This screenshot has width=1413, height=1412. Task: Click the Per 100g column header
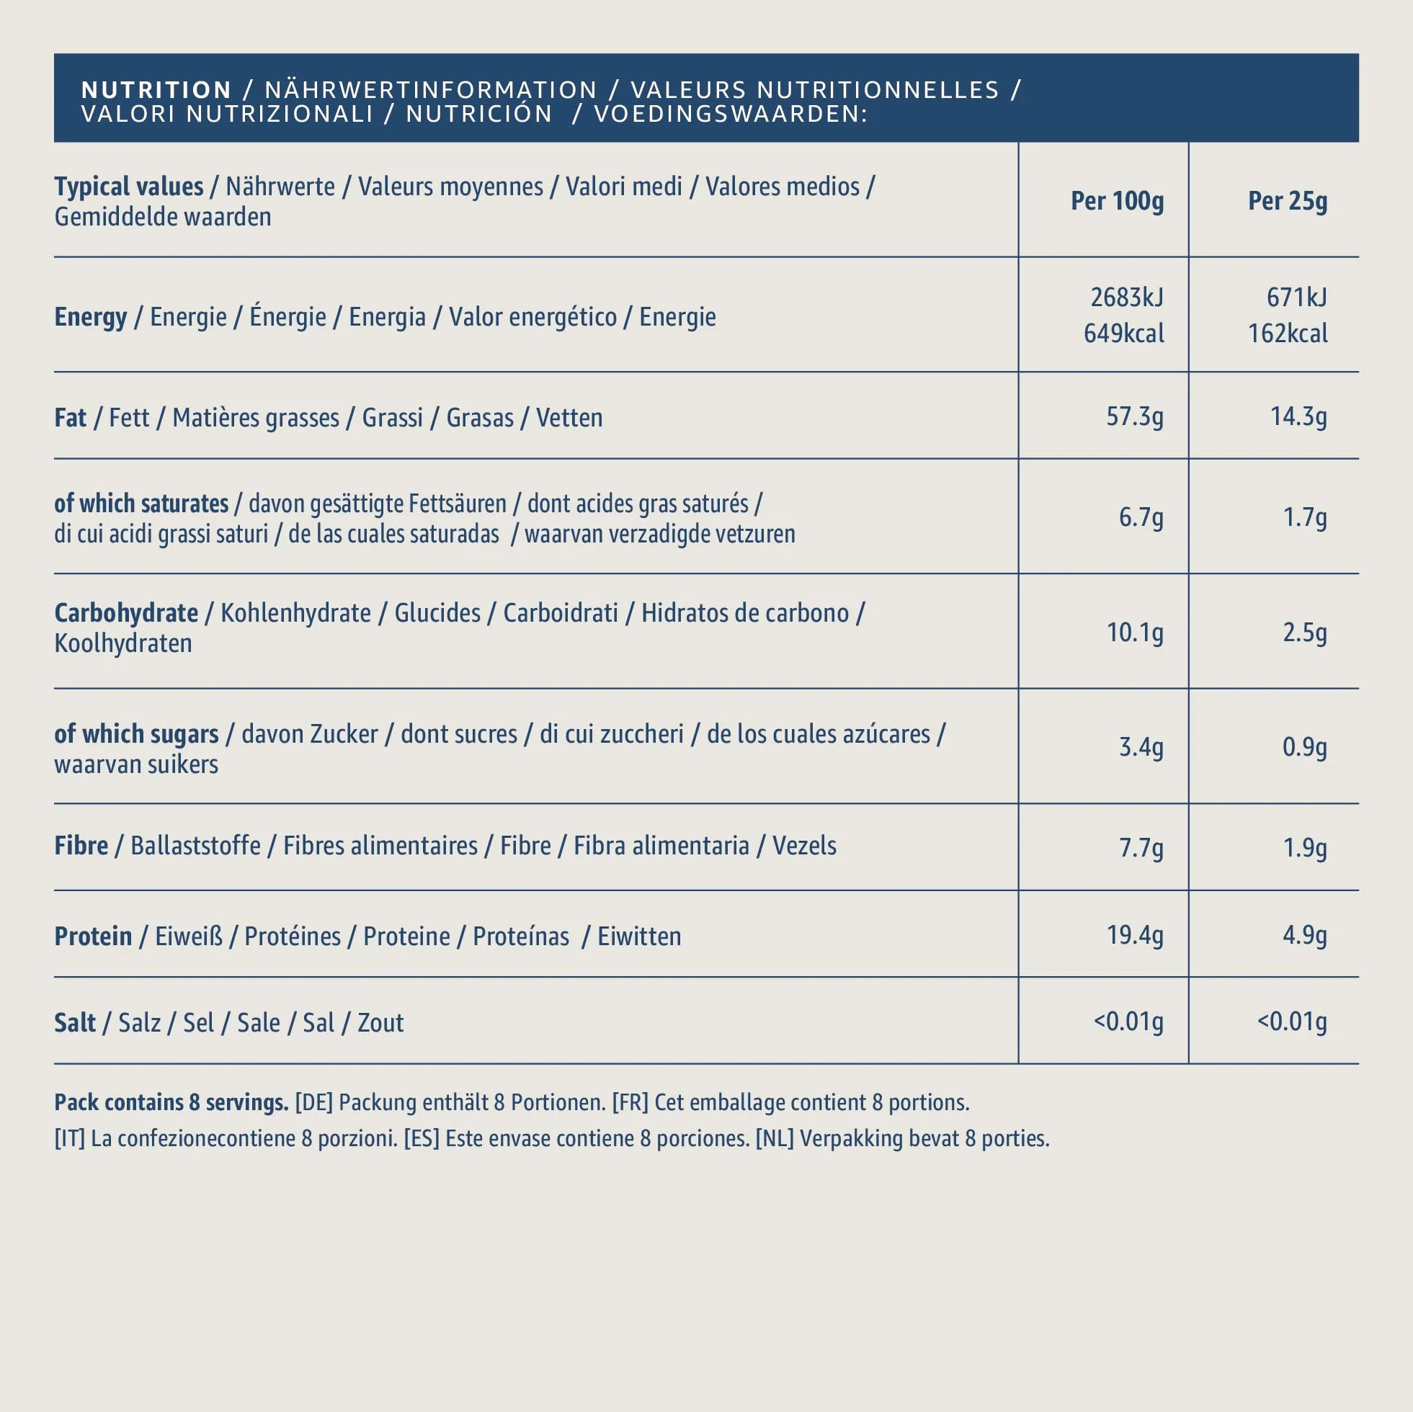pos(1117,200)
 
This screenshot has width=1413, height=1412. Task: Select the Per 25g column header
pos(1287,200)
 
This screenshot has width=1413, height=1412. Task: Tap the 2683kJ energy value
pos(1126,297)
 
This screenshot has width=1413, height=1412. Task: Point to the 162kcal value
pos(1287,334)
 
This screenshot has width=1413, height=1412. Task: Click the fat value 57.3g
pos(1134,416)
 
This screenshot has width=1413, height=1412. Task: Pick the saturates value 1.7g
pos(1305,517)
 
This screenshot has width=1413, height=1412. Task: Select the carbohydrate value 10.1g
pos(1134,632)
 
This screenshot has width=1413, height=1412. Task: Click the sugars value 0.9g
pos(1305,746)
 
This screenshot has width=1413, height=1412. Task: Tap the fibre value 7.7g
pos(1141,847)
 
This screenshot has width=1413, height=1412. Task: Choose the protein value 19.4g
pos(1134,934)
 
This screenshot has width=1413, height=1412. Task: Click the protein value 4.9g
pos(1305,934)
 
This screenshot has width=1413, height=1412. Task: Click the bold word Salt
pos(75,1022)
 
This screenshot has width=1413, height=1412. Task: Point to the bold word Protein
pos(93,936)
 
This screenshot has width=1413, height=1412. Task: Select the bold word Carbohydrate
pos(126,613)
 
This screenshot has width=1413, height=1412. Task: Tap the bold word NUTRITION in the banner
pos(156,90)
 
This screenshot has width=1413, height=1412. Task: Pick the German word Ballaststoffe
pos(195,845)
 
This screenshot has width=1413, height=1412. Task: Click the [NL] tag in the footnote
pos(775,1138)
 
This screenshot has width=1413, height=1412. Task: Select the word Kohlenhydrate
pos(295,613)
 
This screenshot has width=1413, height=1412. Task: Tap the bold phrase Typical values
pos(129,187)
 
